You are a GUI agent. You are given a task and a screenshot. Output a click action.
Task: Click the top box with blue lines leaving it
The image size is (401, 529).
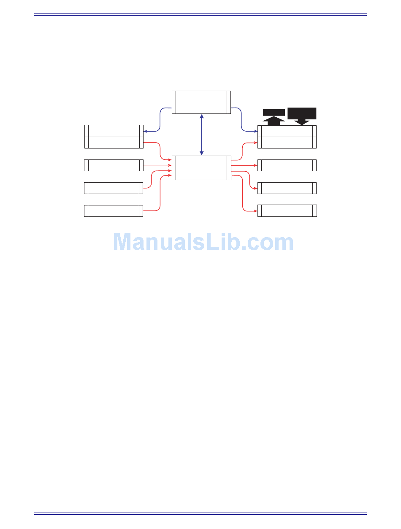point(201,102)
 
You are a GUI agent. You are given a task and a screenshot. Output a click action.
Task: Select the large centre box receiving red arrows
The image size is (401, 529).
point(201,167)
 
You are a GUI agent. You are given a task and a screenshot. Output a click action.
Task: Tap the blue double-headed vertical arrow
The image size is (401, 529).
point(202,135)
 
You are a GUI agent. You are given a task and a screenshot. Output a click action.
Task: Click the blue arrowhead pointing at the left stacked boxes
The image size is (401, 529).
point(145,131)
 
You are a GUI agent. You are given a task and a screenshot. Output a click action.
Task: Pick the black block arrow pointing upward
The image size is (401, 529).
point(274,118)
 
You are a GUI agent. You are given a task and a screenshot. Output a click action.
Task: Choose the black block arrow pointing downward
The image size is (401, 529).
point(301,116)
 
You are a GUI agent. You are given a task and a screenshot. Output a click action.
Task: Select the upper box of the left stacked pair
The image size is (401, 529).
point(114,131)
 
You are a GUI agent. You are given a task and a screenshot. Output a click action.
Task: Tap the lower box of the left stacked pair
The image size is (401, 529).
point(114,143)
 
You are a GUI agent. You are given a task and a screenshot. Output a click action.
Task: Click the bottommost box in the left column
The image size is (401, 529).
point(114,211)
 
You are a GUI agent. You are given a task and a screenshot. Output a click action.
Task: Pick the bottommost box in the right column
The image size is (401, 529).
point(287,211)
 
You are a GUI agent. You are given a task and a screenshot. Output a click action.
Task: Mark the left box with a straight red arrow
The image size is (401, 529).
point(114,165)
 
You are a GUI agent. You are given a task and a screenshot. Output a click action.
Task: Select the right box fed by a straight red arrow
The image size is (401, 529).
point(287,165)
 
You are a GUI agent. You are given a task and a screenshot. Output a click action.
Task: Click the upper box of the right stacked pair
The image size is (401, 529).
point(287,131)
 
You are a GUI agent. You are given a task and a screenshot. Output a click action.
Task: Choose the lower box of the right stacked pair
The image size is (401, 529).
point(287,143)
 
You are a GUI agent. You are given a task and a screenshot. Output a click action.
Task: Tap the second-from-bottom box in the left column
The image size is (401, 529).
point(114,188)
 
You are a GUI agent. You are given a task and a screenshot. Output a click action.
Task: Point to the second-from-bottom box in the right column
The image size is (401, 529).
point(287,188)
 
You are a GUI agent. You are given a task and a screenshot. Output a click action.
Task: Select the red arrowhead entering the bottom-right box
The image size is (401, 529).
point(255,211)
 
